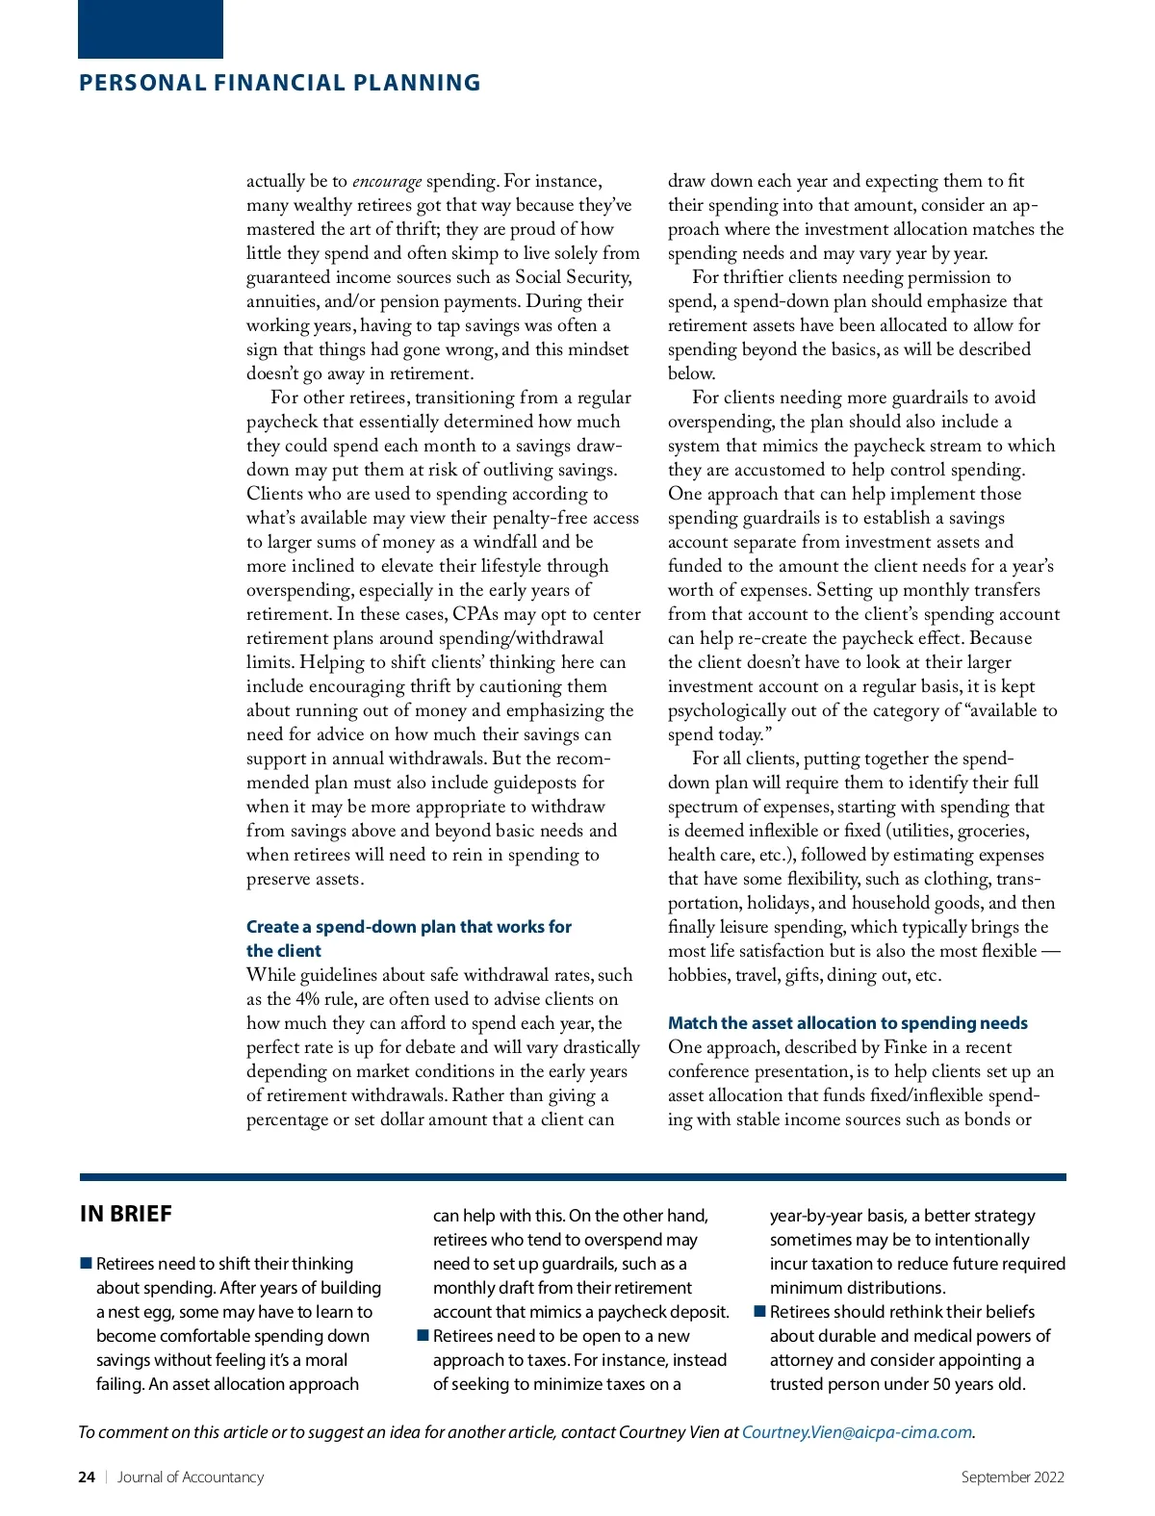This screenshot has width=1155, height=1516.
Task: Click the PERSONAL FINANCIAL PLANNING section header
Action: tap(279, 83)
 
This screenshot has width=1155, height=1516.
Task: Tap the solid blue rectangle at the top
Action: tap(150, 29)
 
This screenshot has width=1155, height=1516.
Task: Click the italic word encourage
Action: tap(387, 181)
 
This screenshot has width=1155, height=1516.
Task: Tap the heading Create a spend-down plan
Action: tap(408, 927)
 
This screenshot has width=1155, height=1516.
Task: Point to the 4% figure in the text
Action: tap(309, 999)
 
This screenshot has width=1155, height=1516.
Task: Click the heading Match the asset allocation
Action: tap(847, 1023)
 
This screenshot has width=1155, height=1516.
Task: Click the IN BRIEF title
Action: tap(126, 1214)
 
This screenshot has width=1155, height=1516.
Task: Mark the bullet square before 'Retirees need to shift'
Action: tap(86, 1263)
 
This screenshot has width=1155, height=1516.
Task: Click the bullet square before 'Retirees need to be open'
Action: tap(423, 1335)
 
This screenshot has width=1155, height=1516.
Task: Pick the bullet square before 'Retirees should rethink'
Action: tap(759, 1311)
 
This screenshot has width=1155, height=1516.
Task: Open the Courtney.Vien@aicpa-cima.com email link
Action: tap(857, 1432)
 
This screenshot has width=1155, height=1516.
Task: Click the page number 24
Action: tap(87, 1477)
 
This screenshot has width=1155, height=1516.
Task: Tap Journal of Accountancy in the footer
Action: tap(191, 1477)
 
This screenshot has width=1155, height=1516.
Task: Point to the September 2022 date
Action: tap(1013, 1477)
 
